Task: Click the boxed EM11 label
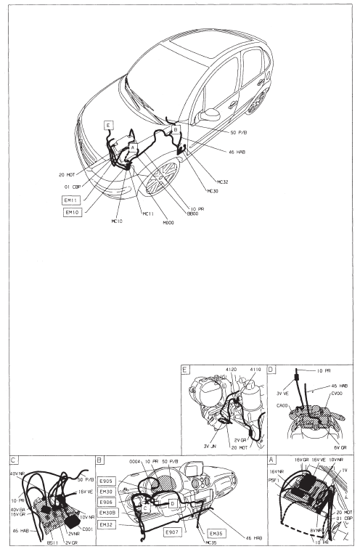73,198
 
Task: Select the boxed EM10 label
73,212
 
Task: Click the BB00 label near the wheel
192,214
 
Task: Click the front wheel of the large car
161,178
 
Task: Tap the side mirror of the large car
210,114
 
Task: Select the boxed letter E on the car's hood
108,125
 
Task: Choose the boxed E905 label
106,481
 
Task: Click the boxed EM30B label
107,512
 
